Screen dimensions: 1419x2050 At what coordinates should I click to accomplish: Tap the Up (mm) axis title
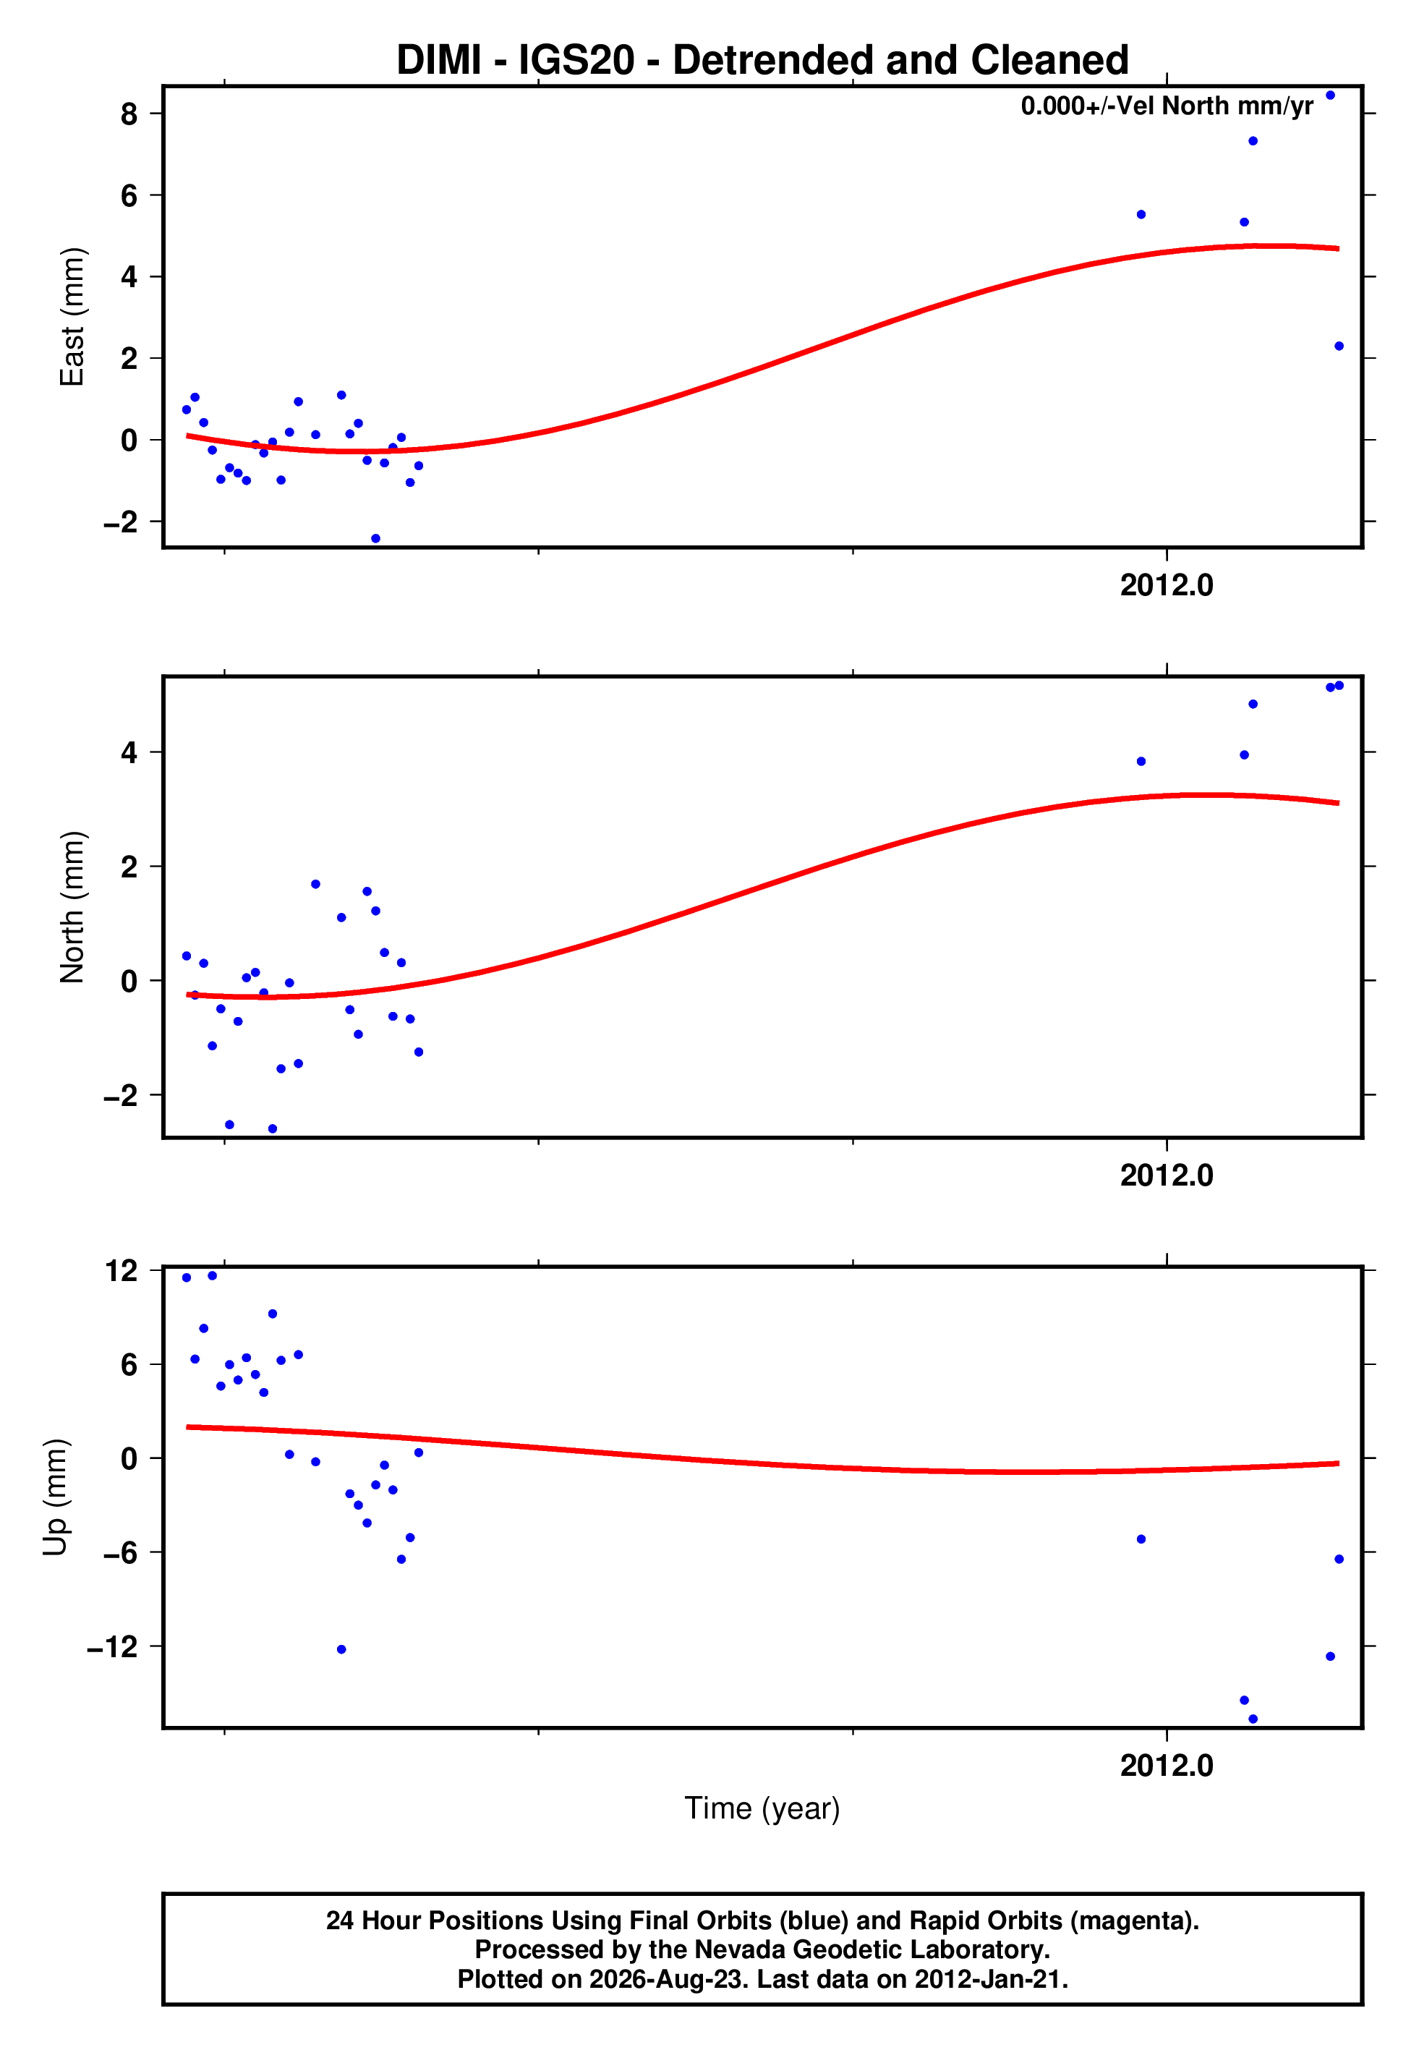pyautogui.click(x=55, y=1497)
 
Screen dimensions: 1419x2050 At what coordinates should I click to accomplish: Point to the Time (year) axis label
pyautogui.click(x=762, y=1808)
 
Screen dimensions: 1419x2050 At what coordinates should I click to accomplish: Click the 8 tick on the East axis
pyautogui.click(x=129, y=114)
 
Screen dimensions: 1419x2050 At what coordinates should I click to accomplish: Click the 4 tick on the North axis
pyautogui.click(x=129, y=752)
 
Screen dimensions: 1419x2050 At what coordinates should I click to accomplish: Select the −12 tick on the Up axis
pyautogui.click(x=112, y=1646)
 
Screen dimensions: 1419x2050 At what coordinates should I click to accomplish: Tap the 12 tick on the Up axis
pyautogui.click(x=122, y=1271)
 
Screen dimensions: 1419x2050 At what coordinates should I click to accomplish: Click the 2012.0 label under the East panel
pyautogui.click(x=1167, y=585)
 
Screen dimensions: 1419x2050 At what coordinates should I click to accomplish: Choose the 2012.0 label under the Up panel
pyautogui.click(x=1167, y=1766)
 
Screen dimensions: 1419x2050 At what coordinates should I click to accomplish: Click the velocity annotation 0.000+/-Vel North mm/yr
pyautogui.click(x=1167, y=106)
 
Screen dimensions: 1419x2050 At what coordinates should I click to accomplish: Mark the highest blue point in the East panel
pyautogui.click(x=1330, y=95)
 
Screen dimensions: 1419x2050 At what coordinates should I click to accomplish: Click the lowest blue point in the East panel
pyautogui.click(x=375, y=539)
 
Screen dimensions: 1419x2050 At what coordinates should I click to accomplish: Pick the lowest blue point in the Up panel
pyautogui.click(x=1253, y=1719)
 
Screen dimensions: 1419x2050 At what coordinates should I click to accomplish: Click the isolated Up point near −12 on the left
pyautogui.click(x=341, y=1649)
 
